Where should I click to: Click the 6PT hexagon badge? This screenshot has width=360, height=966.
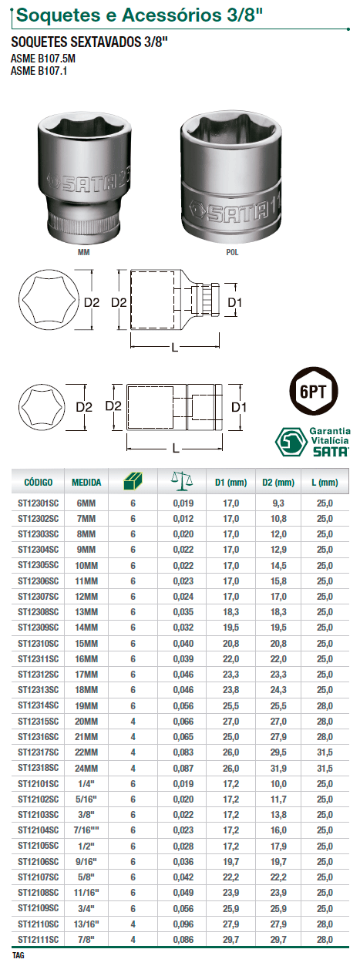coord(313,391)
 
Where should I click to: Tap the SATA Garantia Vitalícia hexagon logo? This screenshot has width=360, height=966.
coord(291,442)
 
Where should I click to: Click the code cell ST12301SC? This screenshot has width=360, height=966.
coord(38,503)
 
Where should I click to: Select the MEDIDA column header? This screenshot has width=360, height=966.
coord(86,482)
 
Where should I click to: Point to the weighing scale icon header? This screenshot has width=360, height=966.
coord(182,481)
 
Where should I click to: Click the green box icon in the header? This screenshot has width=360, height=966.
coord(133,481)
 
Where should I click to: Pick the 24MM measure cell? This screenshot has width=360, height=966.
coord(86,768)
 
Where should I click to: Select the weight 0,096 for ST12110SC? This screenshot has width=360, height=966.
coord(183,924)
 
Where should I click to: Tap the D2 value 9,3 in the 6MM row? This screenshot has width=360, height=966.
coord(278,503)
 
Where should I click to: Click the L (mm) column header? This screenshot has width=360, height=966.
coord(325,482)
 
